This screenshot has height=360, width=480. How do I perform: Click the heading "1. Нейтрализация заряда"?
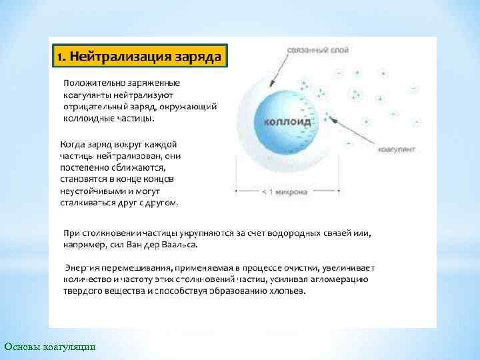click(x=139, y=57)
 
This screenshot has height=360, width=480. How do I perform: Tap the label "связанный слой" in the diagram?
click(x=311, y=51)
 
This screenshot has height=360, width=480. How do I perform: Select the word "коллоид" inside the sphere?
click(x=287, y=122)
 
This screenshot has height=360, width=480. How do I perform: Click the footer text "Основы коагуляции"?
click(x=50, y=346)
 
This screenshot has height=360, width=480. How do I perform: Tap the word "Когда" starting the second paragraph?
click(x=74, y=143)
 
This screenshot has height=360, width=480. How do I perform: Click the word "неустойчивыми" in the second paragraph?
click(x=92, y=190)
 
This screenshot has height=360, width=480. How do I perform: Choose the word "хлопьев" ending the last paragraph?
click(x=287, y=291)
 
